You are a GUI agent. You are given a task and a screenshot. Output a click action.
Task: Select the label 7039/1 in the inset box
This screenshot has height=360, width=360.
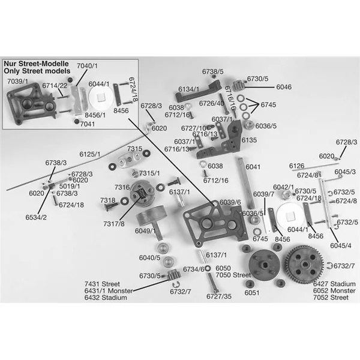pyautogui.click(x=17, y=80)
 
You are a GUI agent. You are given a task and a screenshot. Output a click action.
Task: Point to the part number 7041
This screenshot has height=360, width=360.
pyautogui.click(x=88, y=124)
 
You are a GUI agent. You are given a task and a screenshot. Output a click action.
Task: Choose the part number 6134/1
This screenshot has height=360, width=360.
pyautogui.click(x=188, y=89)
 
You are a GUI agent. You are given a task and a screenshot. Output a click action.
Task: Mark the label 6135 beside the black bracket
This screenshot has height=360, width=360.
pyautogui.click(x=249, y=140)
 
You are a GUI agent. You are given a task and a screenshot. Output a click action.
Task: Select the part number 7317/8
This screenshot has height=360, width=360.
pyautogui.click(x=114, y=224)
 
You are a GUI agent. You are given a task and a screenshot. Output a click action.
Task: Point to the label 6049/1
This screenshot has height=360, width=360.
pyautogui.click(x=146, y=230)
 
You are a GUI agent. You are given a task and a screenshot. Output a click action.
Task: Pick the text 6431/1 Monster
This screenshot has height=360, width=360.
pyautogui.click(x=107, y=289)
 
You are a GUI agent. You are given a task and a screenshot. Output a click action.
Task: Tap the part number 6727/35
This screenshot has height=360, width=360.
pyautogui.click(x=218, y=296)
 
